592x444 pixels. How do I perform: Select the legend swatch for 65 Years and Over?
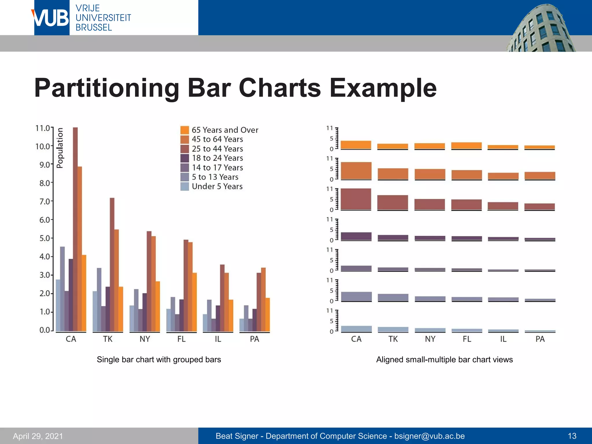pyautogui.click(x=184, y=130)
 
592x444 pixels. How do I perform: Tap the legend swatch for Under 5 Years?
pyautogui.click(x=184, y=186)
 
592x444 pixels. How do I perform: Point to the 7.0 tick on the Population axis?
pyautogui.click(x=45, y=201)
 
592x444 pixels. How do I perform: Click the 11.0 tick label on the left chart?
pyautogui.click(x=42, y=128)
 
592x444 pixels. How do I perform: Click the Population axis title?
pyautogui.click(x=60, y=148)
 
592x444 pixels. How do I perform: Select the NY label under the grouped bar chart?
pyautogui.click(x=145, y=339)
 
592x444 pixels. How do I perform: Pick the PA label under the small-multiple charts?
pyautogui.click(x=540, y=339)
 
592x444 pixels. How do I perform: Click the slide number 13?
pyautogui.click(x=572, y=436)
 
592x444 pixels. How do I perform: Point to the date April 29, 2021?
pyautogui.click(x=38, y=436)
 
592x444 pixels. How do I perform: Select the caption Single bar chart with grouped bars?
pyautogui.click(x=159, y=360)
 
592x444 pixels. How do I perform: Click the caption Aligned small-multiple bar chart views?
pyautogui.click(x=444, y=360)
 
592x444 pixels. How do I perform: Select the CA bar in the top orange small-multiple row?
pyautogui.click(x=356, y=145)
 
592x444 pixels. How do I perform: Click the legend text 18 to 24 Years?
pyautogui.click(x=217, y=158)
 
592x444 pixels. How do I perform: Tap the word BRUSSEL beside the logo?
pyautogui.click(x=94, y=27)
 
